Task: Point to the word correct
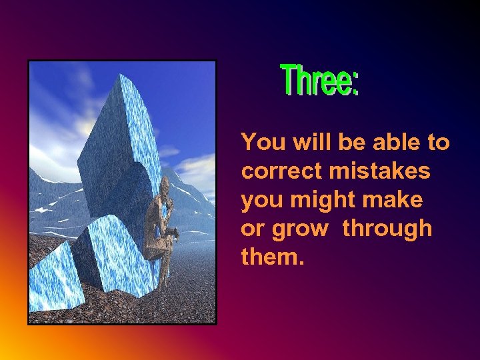coord(281,171)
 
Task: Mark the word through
coord(388,229)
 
